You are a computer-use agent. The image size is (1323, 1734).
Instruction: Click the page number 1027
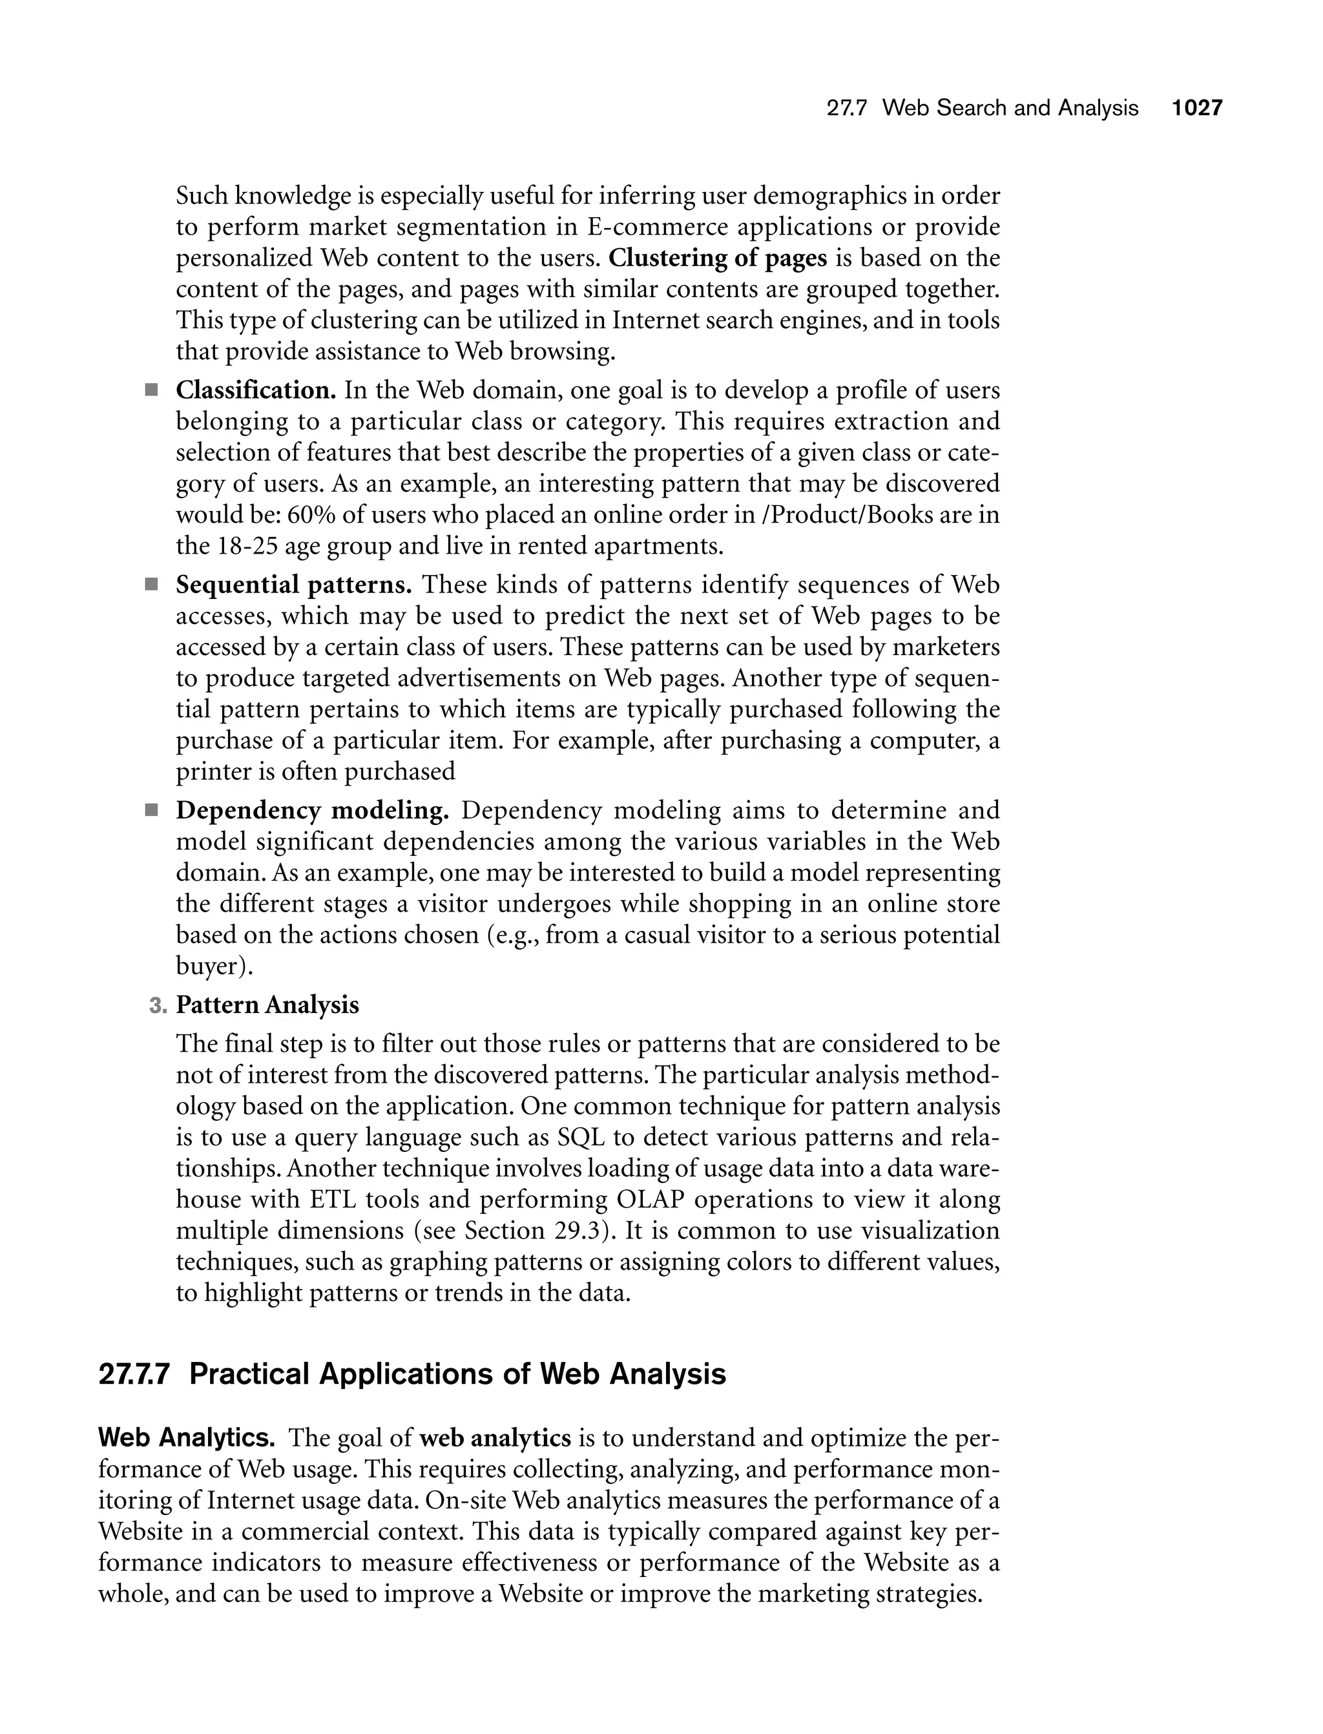coord(1196,108)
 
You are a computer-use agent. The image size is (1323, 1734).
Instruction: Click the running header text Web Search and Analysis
coord(1010,108)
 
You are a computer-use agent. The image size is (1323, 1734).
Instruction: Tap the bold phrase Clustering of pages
coord(718,258)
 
